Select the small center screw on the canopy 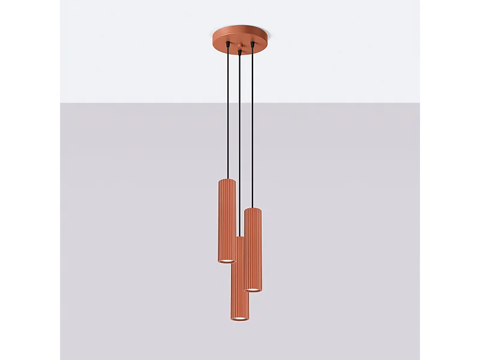pyautogui.click(x=240, y=46)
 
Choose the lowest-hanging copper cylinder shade pyautogui.click(x=240, y=282)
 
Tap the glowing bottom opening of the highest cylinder pyautogui.click(x=226, y=260)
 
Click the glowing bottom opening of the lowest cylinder pyautogui.click(x=240, y=318)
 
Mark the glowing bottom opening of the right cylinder pyautogui.click(x=254, y=290)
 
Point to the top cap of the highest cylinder pyautogui.click(x=227, y=180)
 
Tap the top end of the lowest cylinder pyautogui.click(x=239, y=238)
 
